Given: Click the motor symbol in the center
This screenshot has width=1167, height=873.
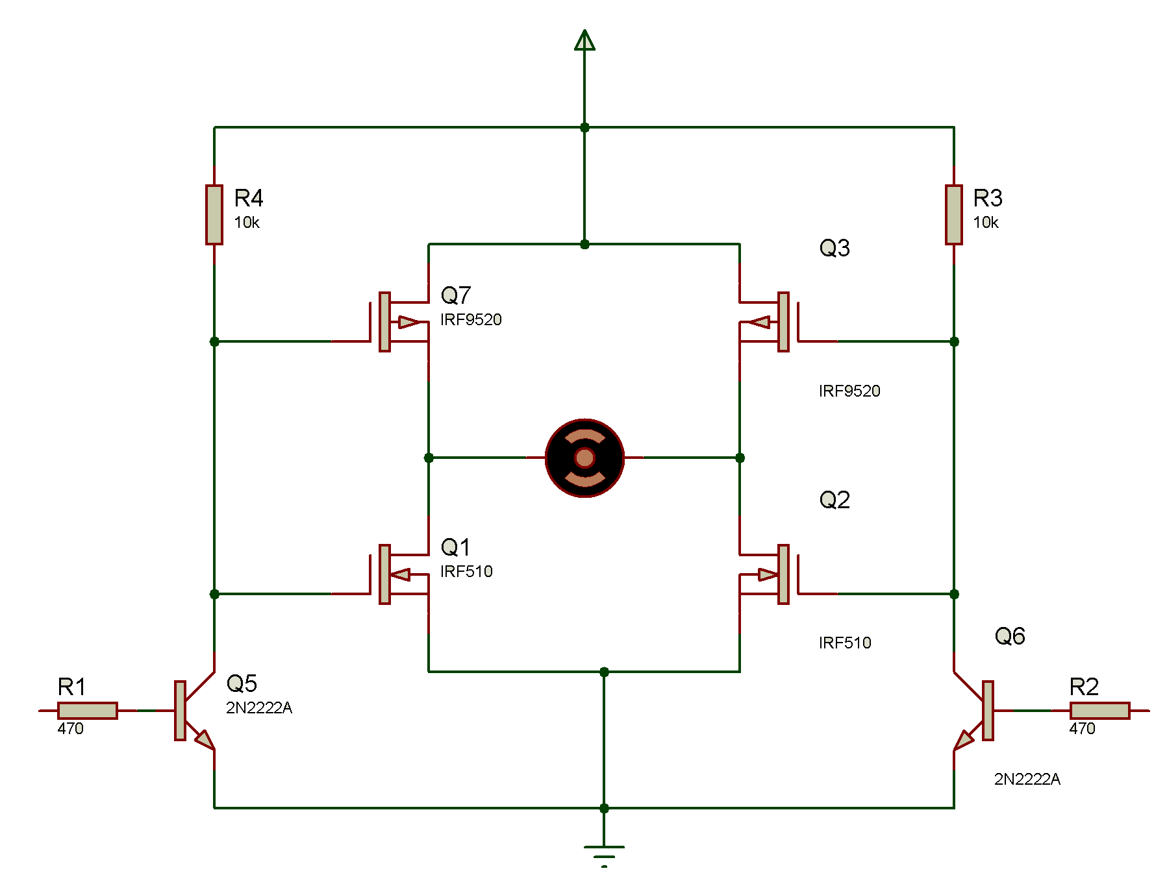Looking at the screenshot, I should (584, 458).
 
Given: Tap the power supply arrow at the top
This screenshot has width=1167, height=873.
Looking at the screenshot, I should (584, 40).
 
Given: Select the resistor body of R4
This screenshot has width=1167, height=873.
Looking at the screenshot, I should (214, 215).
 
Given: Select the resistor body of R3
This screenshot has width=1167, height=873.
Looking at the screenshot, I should (953, 215).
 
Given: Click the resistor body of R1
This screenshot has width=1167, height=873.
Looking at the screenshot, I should (88, 710).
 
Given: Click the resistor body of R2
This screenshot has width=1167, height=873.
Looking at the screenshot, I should (1099, 710).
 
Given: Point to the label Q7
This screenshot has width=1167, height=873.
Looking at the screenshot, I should (456, 296).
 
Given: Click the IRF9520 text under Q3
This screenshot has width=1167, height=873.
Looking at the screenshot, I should (849, 391).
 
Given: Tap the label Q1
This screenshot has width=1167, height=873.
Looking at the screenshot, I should (455, 548).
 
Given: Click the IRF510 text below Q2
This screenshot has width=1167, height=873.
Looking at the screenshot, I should (844, 643).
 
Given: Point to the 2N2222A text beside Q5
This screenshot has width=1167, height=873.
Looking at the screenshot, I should (258, 707).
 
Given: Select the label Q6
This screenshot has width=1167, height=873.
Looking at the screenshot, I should (1010, 636).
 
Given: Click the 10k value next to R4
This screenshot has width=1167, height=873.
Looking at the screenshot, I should (247, 223).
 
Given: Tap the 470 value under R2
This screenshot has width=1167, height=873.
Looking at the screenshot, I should (1082, 728).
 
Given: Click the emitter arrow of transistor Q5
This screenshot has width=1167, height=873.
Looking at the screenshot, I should (205, 739).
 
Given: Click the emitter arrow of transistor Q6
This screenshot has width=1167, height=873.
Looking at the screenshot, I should (964, 739).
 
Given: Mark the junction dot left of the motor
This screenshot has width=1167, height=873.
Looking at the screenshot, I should (429, 458).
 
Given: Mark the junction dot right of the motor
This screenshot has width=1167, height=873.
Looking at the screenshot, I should (740, 458).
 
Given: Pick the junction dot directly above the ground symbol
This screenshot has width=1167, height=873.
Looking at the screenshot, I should (604, 808).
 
